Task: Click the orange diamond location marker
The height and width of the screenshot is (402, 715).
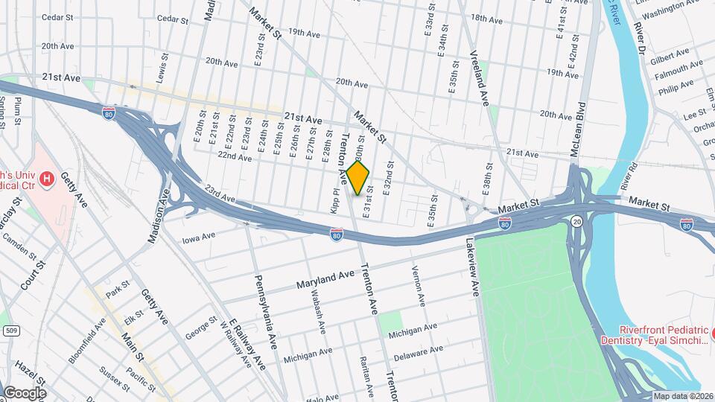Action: tap(358, 178)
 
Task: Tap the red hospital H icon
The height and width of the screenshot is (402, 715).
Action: tap(48, 179)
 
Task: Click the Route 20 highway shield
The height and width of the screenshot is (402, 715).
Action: tap(576, 222)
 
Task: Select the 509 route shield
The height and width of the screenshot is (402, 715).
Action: tap(10, 330)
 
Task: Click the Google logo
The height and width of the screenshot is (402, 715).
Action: tap(24, 392)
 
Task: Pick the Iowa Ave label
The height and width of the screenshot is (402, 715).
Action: tap(198, 238)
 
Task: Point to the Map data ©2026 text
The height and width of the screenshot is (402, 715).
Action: tap(683, 396)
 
